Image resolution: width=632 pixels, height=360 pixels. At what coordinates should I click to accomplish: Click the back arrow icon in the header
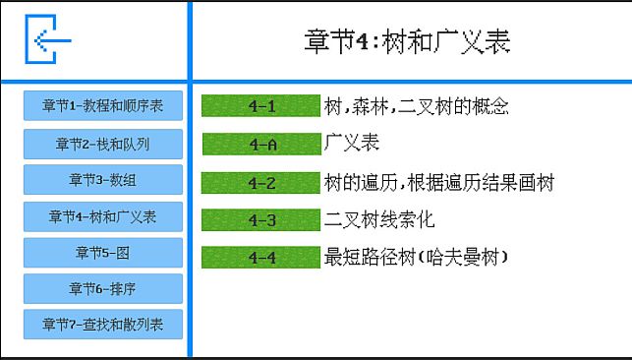coord(48,40)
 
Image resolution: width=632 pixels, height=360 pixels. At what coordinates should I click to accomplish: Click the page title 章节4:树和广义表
coord(407,41)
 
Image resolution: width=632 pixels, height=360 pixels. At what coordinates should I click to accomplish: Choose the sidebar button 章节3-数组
coord(103,180)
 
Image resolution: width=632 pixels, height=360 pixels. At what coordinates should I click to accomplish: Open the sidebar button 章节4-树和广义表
coord(103,216)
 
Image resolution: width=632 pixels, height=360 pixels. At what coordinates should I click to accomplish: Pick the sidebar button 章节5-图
coord(103,253)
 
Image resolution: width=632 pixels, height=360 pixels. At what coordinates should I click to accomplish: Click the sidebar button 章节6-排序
coord(103,289)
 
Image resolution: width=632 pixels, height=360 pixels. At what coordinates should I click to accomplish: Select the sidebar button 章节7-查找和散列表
coord(103,324)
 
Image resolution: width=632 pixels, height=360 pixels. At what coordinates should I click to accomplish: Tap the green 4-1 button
coord(260,106)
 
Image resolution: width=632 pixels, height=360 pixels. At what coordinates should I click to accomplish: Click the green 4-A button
coord(260,144)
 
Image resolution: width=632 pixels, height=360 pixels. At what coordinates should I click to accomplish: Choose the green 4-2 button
coord(260,182)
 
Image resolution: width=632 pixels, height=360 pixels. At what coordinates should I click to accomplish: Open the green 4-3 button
coord(260,219)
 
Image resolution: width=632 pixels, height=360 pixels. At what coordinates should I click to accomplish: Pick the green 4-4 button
coord(260,258)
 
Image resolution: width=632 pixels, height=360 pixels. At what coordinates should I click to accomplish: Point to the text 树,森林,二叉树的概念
coord(417,106)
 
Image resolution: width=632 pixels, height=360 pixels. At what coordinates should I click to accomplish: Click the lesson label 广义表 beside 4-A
coord(352,144)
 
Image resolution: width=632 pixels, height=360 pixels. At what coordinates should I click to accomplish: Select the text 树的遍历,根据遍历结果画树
coord(439,182)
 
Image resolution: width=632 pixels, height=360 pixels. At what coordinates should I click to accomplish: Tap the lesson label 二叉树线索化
coord(379,219)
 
